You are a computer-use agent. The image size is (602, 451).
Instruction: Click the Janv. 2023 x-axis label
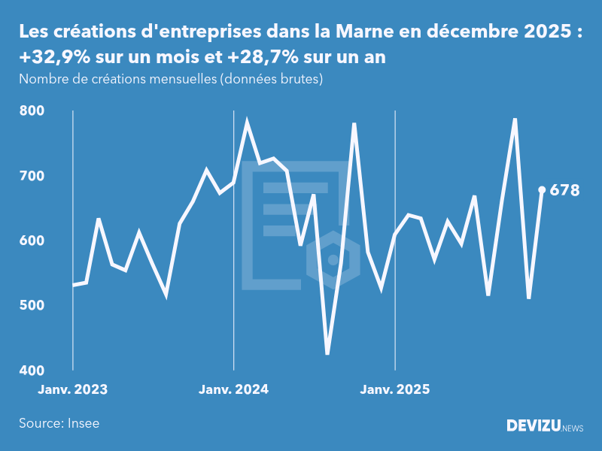tap(73, 389)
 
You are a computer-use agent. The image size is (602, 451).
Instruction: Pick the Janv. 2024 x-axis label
tap(234, 389)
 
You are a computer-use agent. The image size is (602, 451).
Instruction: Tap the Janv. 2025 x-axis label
tap(395, 389)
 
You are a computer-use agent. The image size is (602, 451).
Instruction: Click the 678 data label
tap(564, 190)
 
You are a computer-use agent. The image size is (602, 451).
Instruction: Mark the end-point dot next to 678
tap(542, 189)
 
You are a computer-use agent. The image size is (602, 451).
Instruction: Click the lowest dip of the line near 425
tap(327, 353)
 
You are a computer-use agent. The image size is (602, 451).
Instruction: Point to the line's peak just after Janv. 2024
tap(247, 121)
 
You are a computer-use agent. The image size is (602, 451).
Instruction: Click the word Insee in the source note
tap(83, 423)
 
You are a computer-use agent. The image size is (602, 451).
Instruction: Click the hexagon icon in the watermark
tap(333, 260)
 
